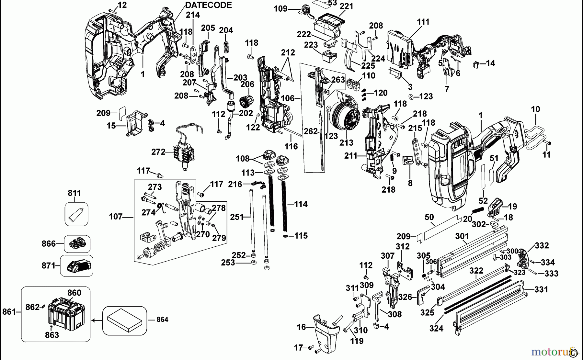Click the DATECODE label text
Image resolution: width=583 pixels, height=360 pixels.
(x=209, y=5)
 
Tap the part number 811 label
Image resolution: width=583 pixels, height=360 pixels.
(x=74, y=193)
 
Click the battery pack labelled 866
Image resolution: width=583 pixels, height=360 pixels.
(x=77, y=243)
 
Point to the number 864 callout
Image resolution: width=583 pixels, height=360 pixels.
(x=162, y=320)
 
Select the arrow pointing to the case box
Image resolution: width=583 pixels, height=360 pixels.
(x=96, y=321)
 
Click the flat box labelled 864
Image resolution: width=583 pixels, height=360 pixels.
(x=125, y=320)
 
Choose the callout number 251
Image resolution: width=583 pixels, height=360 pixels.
(x=237, y=217)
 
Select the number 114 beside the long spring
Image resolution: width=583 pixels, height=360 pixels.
(x=301, y=204)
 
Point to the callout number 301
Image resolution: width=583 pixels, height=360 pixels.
(x=462, y=237)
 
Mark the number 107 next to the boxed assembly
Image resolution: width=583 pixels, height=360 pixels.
(x=116, y=217)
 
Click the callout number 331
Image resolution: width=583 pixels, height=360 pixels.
(x=541, y=289)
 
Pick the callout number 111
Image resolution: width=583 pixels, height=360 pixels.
(x=423, y=22)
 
